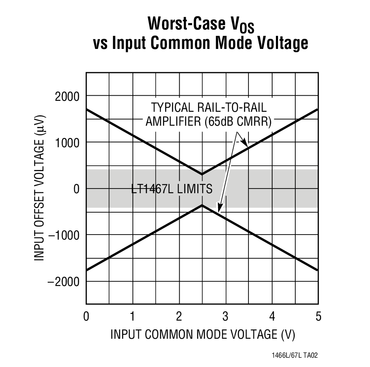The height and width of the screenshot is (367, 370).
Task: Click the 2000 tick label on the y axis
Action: click(x=67, y=97)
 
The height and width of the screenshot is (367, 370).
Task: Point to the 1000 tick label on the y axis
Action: click(x=67, y=143)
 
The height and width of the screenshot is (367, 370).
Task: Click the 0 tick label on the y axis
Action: click(x=76, y=189)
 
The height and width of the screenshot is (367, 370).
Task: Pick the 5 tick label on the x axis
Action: click(x=318, y=316)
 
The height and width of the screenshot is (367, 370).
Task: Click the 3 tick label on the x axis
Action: click(x=225, y=316)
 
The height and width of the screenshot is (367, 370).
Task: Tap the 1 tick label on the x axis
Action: click(x=132, y=316)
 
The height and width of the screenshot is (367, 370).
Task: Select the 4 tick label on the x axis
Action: click(x=272, y=316)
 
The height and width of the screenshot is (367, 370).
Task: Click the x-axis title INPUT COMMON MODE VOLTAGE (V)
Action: click(x=203, y=335)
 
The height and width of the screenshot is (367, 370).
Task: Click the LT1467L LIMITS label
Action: click(x=172, y=189)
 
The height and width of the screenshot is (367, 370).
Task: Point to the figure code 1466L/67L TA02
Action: click(x=294, y=356)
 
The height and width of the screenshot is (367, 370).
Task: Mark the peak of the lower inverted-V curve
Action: click(x=202, y=205)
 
